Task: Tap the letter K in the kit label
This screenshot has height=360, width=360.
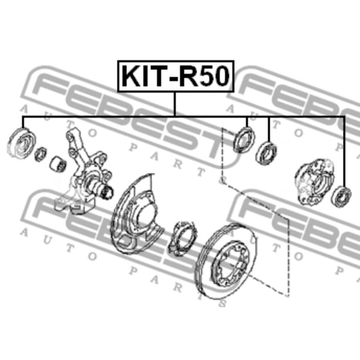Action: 131,76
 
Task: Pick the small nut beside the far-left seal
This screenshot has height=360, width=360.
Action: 41,154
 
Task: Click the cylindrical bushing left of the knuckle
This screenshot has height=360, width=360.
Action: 58,164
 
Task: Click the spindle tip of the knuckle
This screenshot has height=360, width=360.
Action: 108,192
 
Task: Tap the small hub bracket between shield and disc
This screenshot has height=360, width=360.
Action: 183,238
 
